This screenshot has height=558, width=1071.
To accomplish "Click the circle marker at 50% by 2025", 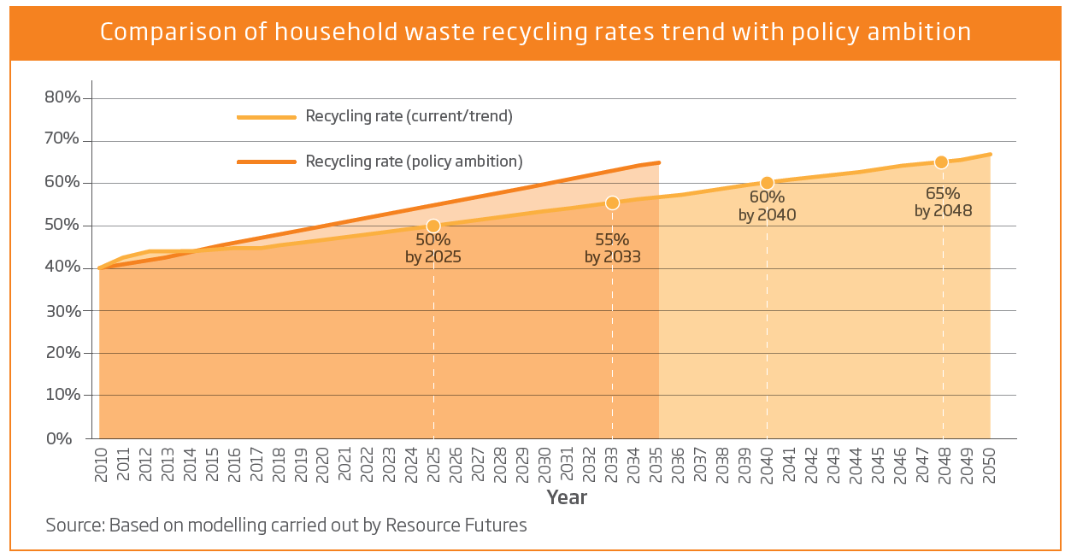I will click(x=433, y=226).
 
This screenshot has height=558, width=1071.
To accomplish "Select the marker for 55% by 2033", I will click(x=612, y=203).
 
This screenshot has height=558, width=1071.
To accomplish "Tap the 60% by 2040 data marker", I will click(x=767, y=183).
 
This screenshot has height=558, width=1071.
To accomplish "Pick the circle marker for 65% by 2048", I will click(x=941, y=162).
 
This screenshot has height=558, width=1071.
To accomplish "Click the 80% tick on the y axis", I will click(x=62, y=97).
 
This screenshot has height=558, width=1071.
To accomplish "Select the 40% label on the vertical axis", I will click(x=62, y=268).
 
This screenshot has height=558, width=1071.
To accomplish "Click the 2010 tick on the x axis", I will click(x=101, y=463).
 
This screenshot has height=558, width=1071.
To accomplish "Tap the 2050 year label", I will click(x=990, y=463).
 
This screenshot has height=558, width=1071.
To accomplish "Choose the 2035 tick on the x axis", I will click(x=656, y=463).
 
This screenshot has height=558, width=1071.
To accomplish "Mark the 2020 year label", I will click(x=322, y=463).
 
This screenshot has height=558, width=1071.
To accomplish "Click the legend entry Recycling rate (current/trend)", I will click(x=409, y=116).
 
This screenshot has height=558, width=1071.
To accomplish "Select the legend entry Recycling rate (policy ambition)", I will click(x=414, y=161).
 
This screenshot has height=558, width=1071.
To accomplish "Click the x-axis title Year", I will click(x=567, y=497).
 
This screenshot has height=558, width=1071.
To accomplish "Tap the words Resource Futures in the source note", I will click(x=456, y=525).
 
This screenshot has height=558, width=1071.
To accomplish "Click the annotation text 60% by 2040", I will click(x=767, y=206).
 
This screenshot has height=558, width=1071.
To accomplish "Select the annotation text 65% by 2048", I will click(x=943, y=202).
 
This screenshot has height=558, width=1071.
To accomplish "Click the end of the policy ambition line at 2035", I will click(x=659, y=162).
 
